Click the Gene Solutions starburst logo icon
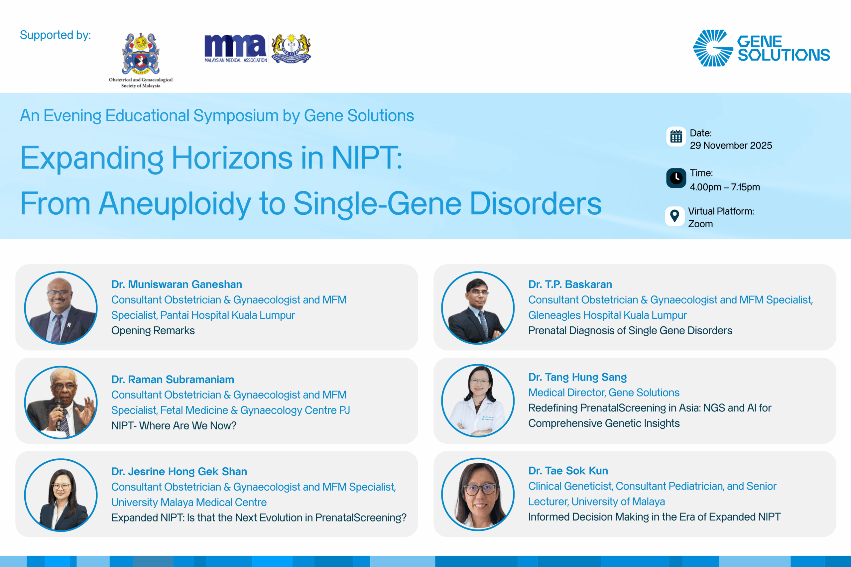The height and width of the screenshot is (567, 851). point(712,48)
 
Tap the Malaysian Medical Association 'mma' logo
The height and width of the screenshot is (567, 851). point(236,49)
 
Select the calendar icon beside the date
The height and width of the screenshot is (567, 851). point(676,137)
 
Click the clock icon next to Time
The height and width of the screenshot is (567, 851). point(676,178)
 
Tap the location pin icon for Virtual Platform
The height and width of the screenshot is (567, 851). point(674,216)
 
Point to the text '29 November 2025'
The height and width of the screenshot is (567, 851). point(731,145)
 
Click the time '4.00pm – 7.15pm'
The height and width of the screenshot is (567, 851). point(725,187)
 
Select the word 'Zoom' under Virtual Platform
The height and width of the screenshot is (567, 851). point(700,224)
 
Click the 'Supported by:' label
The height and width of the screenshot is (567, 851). point(55,35)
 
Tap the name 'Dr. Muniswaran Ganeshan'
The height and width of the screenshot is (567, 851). point(177,284)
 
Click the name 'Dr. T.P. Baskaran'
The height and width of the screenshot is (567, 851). point(570,284)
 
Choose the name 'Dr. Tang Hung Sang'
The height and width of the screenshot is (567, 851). point(577,377)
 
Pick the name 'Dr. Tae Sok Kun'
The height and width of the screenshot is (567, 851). point(568,471)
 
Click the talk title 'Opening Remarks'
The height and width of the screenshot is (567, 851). point(153,330)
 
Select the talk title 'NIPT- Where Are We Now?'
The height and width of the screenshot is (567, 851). point(174,426)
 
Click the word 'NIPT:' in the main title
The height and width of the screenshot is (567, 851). point(367,158)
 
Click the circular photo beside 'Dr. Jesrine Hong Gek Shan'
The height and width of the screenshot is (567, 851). point(61,495)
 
